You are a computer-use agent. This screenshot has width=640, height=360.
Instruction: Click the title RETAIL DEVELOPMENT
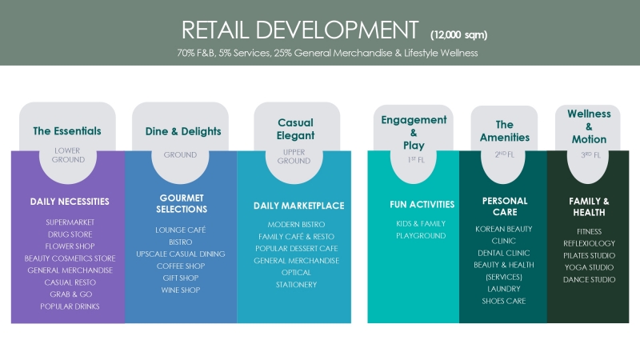point(300,30)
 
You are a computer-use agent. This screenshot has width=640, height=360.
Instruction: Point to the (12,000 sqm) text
point(458,35)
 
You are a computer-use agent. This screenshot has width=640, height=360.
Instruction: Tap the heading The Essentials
point(67,131)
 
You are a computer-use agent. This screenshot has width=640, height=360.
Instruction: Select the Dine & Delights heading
point(183,131)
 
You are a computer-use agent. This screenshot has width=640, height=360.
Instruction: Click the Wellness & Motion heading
point(589,126)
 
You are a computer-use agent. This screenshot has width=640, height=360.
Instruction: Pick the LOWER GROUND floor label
point(68,155)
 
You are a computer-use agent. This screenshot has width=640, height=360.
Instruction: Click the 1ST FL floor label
point(416,159)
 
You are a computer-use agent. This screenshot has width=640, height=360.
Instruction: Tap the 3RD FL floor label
point(590,155)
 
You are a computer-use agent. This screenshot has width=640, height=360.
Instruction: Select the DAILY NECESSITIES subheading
point(70,202)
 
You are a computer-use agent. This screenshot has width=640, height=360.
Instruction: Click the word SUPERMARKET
point(70,222)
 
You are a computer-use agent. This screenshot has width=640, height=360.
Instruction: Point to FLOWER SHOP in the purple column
point(70,246)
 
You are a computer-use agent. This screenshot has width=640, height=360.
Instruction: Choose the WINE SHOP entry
point(181,290)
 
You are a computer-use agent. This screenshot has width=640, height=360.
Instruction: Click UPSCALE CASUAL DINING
point(181,254)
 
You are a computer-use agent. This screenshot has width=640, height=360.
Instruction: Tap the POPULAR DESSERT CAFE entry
point(297,249)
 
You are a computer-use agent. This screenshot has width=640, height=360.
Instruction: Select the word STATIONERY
point(296,285)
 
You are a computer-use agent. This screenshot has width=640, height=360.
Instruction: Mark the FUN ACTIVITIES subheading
point(422,205)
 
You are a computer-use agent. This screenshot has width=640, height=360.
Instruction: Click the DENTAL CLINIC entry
point(504,253)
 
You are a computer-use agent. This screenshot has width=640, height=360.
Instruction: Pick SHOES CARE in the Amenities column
point(504,302)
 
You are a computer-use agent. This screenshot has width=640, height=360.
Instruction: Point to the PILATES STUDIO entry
point(590,255)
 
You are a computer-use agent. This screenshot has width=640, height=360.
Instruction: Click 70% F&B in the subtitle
point(196,53)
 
